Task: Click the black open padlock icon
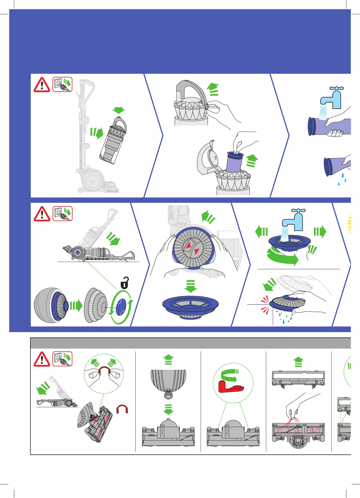[125, 283]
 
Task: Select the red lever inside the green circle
[231, 387]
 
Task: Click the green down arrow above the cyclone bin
[119, 110]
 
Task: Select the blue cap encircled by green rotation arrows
[121, 307]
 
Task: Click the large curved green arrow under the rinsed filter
[282, 256]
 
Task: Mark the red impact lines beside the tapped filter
[265, 304]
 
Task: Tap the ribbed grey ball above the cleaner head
[168, 381]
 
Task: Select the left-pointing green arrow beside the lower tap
[261, 232]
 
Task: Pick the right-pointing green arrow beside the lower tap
[320, 232]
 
